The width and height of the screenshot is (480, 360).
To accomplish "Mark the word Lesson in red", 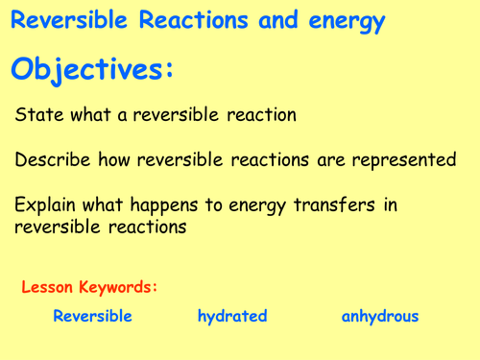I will pyautogui.click(x=48, y=286).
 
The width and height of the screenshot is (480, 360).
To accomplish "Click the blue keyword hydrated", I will pyautogui.click(x=232, y=316).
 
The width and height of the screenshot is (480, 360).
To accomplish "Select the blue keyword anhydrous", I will pyautogui.click(x=380, y=317).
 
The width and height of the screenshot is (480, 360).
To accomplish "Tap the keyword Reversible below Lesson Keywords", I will pyautogui.click(x=92, y=316).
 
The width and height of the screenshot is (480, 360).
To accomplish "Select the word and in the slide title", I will pyautogui.click(x=263, y=21).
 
